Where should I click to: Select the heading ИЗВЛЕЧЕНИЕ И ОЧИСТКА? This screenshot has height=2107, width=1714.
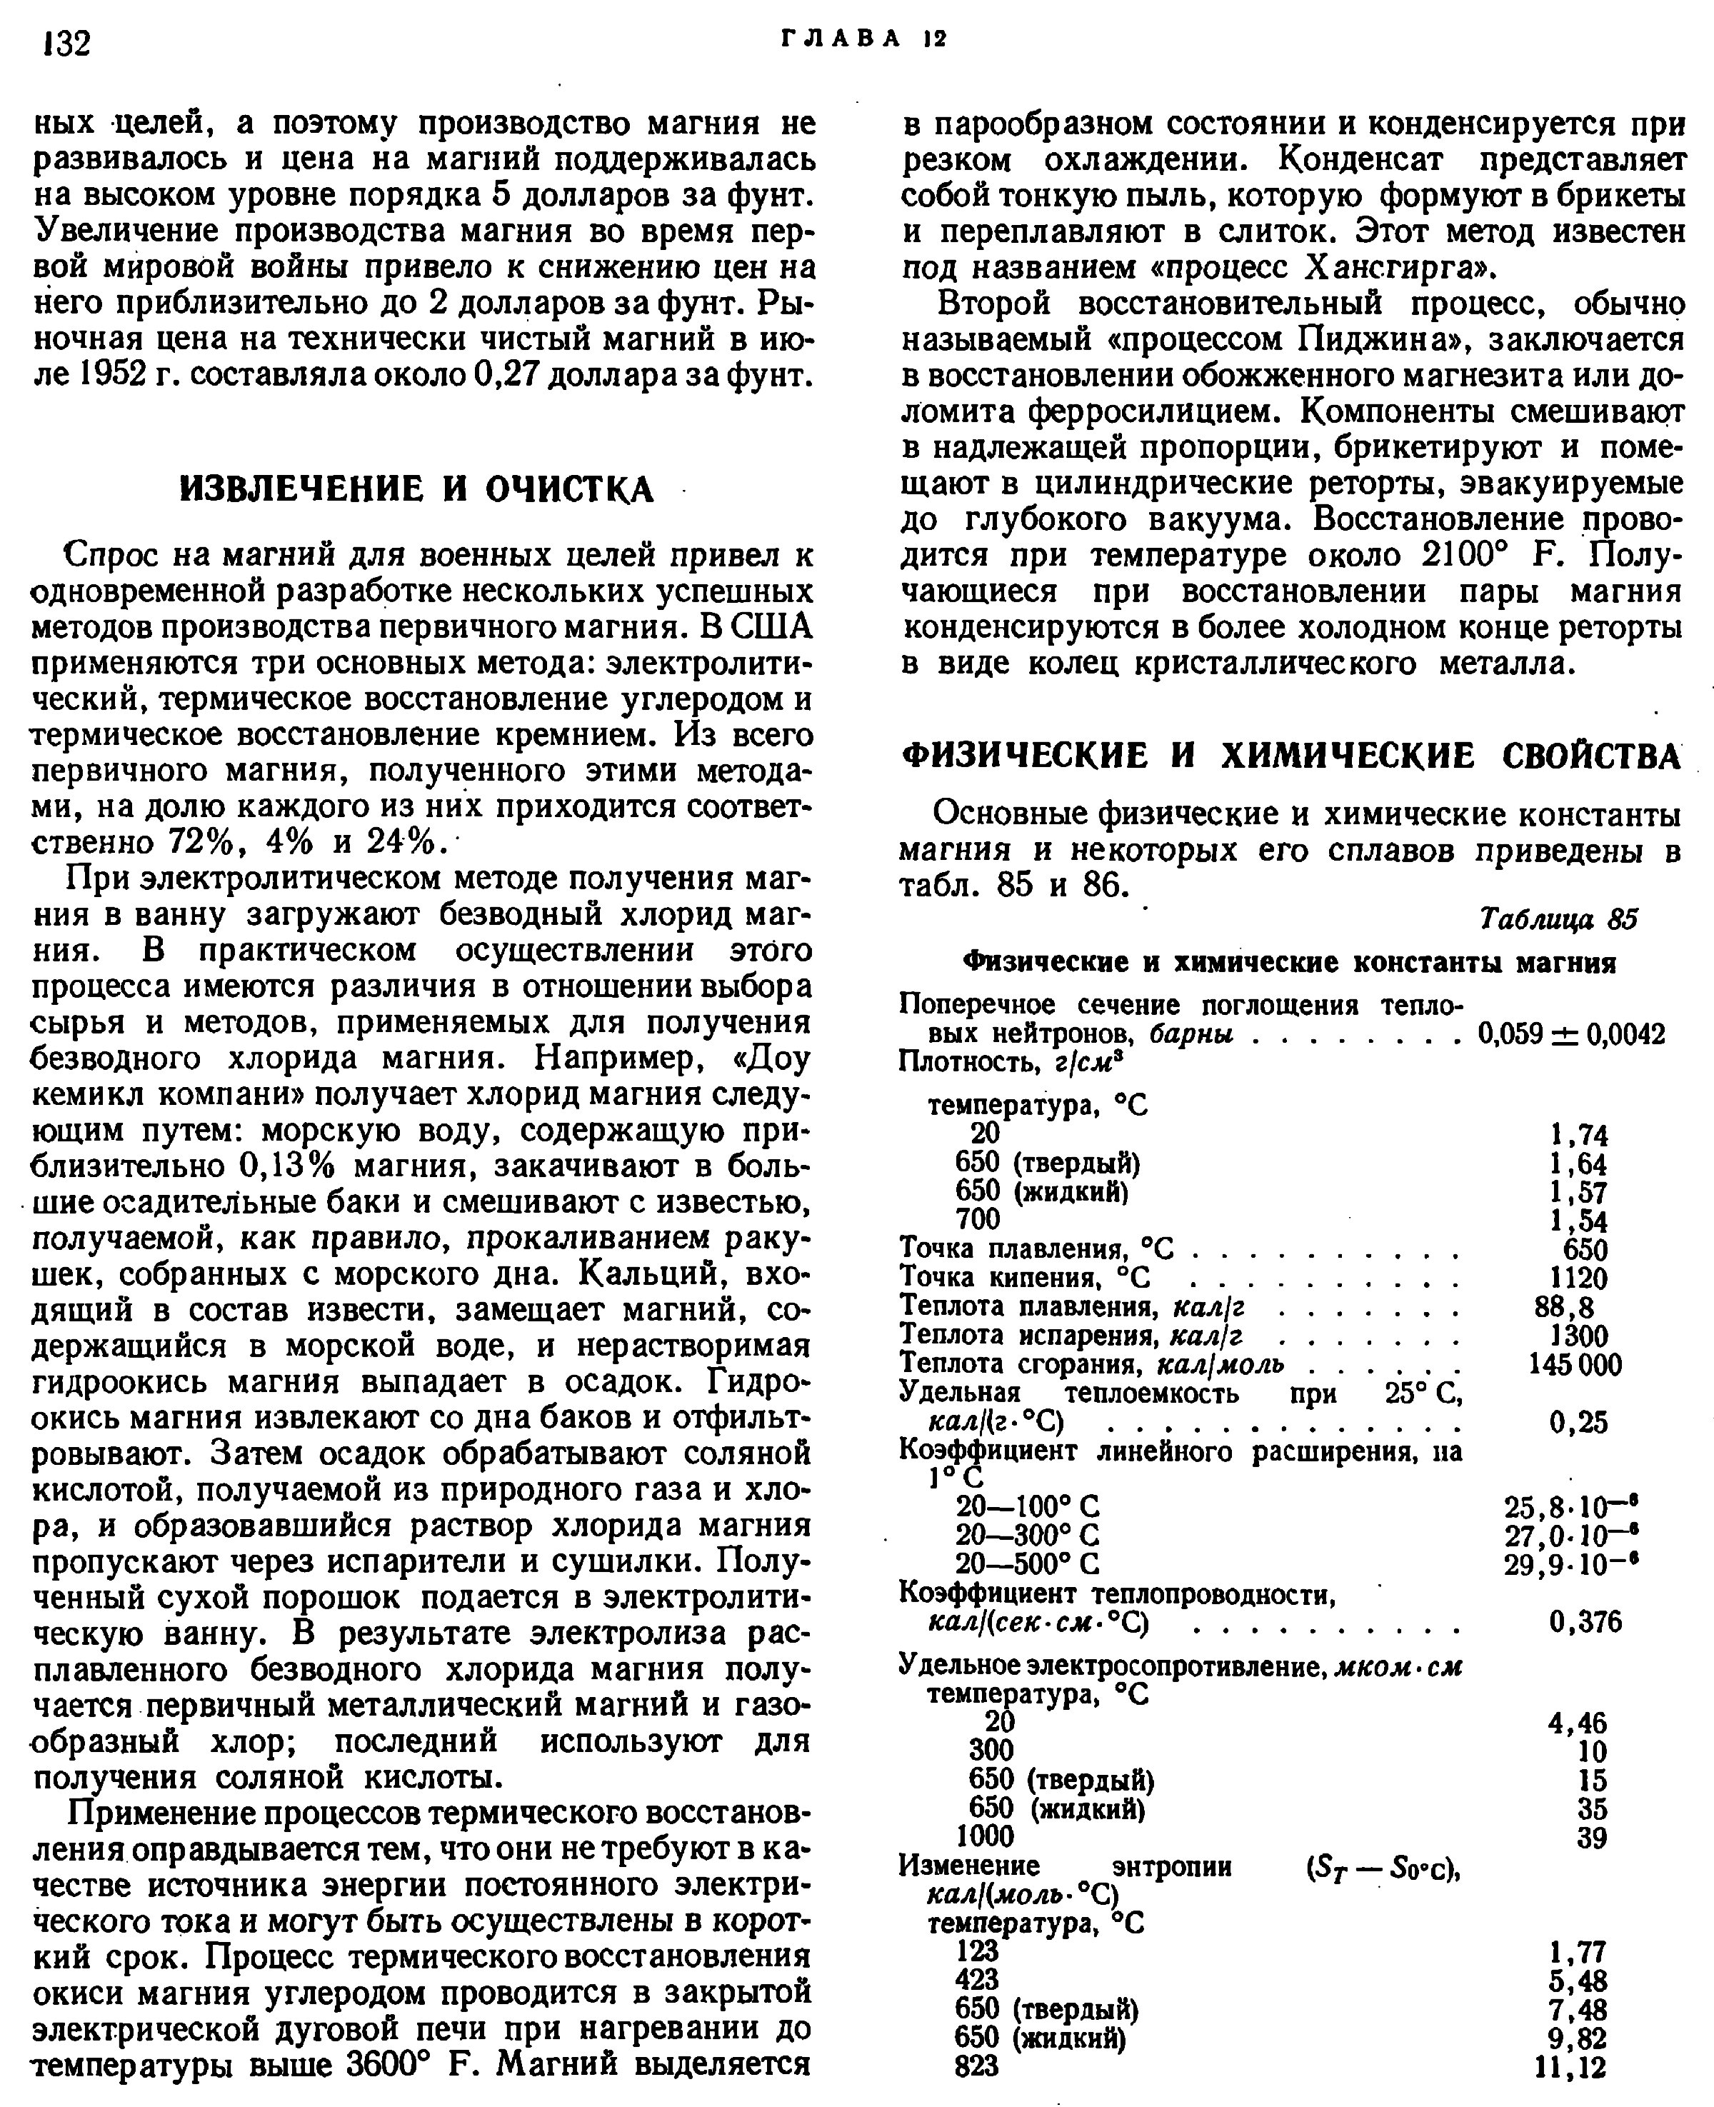(416, 488)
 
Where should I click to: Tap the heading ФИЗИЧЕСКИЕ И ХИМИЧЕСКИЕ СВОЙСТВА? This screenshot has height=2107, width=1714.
(1291, 756)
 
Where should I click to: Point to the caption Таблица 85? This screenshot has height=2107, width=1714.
(1559, 919)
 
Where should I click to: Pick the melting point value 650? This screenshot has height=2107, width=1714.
(1585, 1249)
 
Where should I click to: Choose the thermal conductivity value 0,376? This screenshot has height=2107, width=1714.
(1585, 1621)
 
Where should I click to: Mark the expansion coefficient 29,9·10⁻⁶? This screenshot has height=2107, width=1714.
(1571, 1564)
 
